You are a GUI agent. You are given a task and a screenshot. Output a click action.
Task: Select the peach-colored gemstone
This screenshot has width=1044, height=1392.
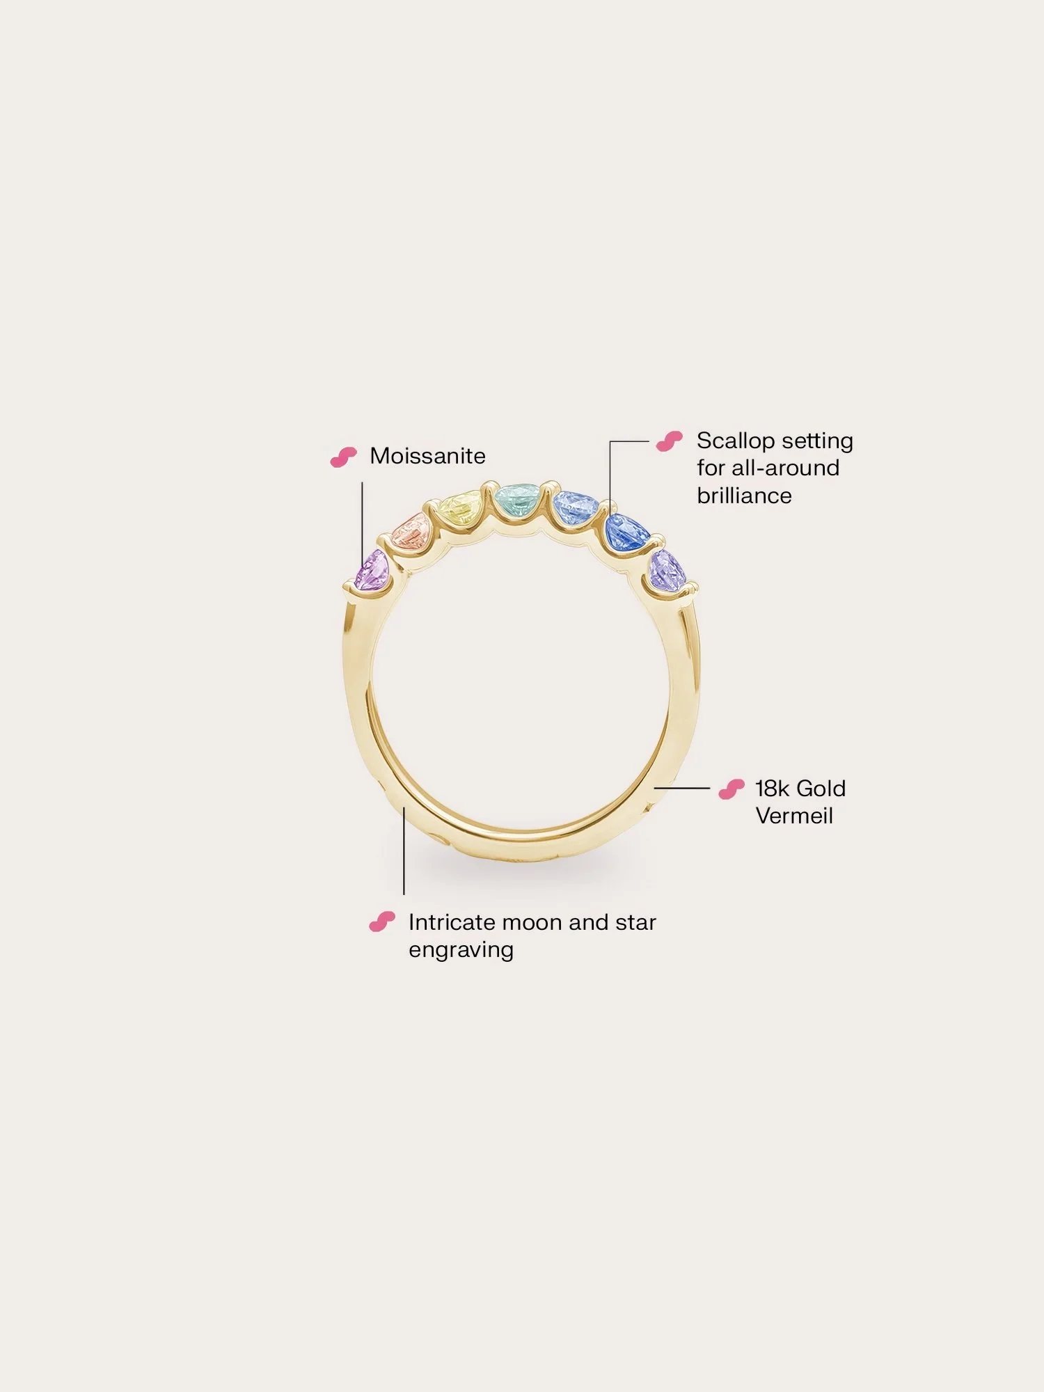pyautogui.click(x=412, y=532)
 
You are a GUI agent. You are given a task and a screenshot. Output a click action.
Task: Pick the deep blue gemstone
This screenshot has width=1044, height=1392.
pyautogui.click(x=626, y=532)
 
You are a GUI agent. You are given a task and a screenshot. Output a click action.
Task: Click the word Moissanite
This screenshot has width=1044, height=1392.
pyautogui.click(x=427, y=456)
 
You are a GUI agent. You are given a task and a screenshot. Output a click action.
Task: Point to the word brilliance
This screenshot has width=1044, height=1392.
pyautogui.click(x=744, y=496)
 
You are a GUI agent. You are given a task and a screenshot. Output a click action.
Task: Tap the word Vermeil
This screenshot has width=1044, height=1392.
pyautogui.click(x=794, y=816)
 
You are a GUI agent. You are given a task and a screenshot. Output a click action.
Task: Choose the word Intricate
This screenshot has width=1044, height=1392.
pyautogui.click(x=452, y=922)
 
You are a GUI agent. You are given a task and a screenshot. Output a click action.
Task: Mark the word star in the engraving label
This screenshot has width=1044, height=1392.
pyautogui.click(x=635, y=923)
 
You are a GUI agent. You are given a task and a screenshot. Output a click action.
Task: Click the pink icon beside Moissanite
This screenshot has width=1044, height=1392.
pyautogui.click(x=343, y=457)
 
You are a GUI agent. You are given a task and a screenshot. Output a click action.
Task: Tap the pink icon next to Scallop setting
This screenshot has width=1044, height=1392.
pyautogui.click(x=670, y=441)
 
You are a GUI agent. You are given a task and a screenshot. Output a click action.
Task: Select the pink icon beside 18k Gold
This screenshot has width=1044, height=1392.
pyautogui.click(x=731, y=789)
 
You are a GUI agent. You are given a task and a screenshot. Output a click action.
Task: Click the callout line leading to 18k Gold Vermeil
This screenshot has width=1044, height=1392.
pyautogui.click(x=682, y=789)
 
